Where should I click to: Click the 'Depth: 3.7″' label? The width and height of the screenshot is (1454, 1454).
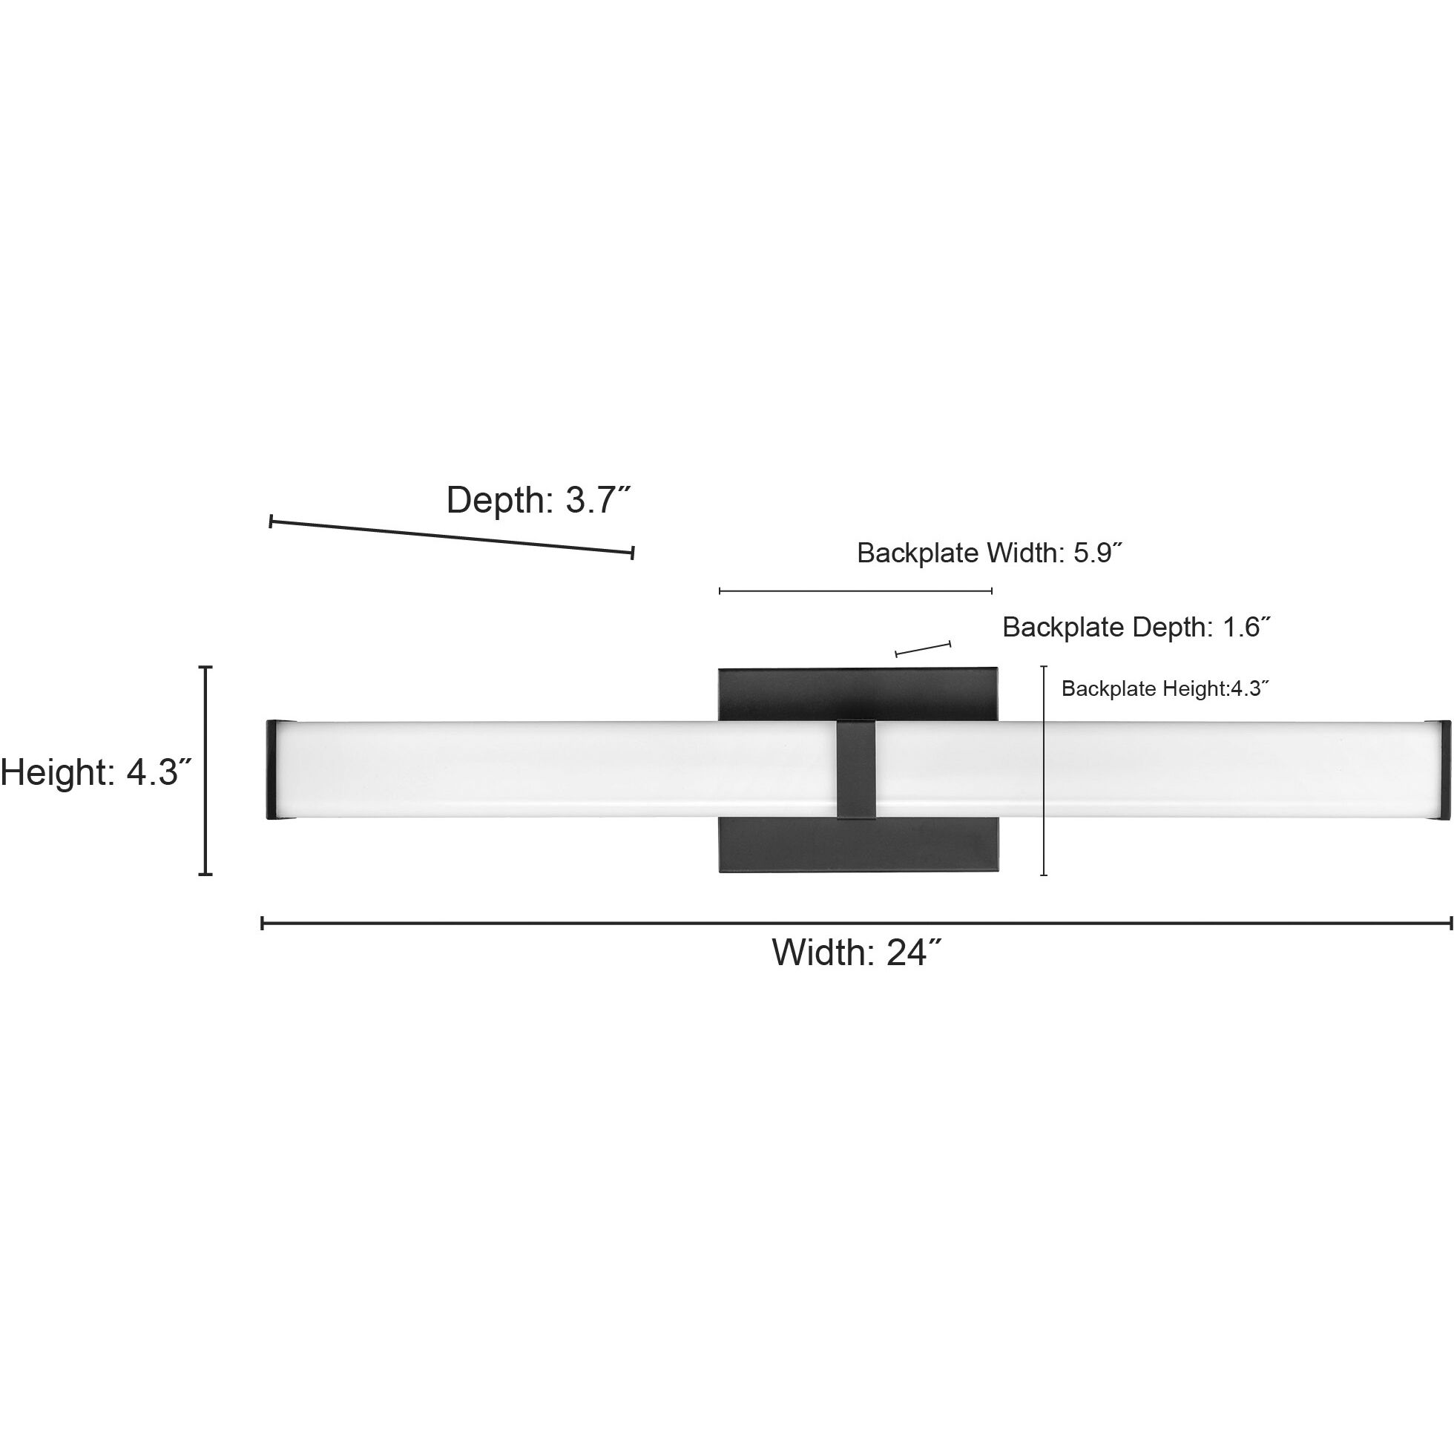click(x=538, y=501)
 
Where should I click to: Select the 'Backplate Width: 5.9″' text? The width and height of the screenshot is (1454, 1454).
click(x=990, y=553)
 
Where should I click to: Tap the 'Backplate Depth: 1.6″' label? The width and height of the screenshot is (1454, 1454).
click(x=1136, y=627)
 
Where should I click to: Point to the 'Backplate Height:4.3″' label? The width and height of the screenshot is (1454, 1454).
click(x=1165, y=688)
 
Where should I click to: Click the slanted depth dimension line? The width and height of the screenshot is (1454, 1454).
click(x=452, y=537)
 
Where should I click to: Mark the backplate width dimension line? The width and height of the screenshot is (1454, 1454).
click(x=855, y=591)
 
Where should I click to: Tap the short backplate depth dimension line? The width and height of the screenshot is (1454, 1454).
click(x=923, y=648)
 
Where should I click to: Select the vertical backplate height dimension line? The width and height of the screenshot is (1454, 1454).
click(x=1044, y=770)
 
